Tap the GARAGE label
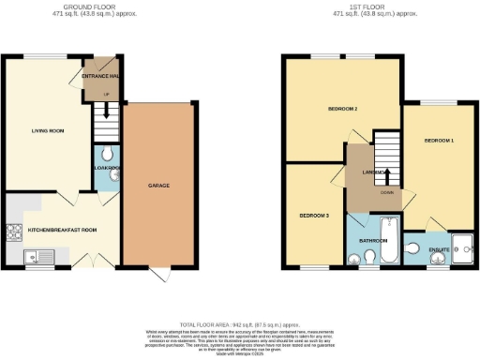157,187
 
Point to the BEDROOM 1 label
439,141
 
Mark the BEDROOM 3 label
314,215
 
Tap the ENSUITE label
440,249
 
